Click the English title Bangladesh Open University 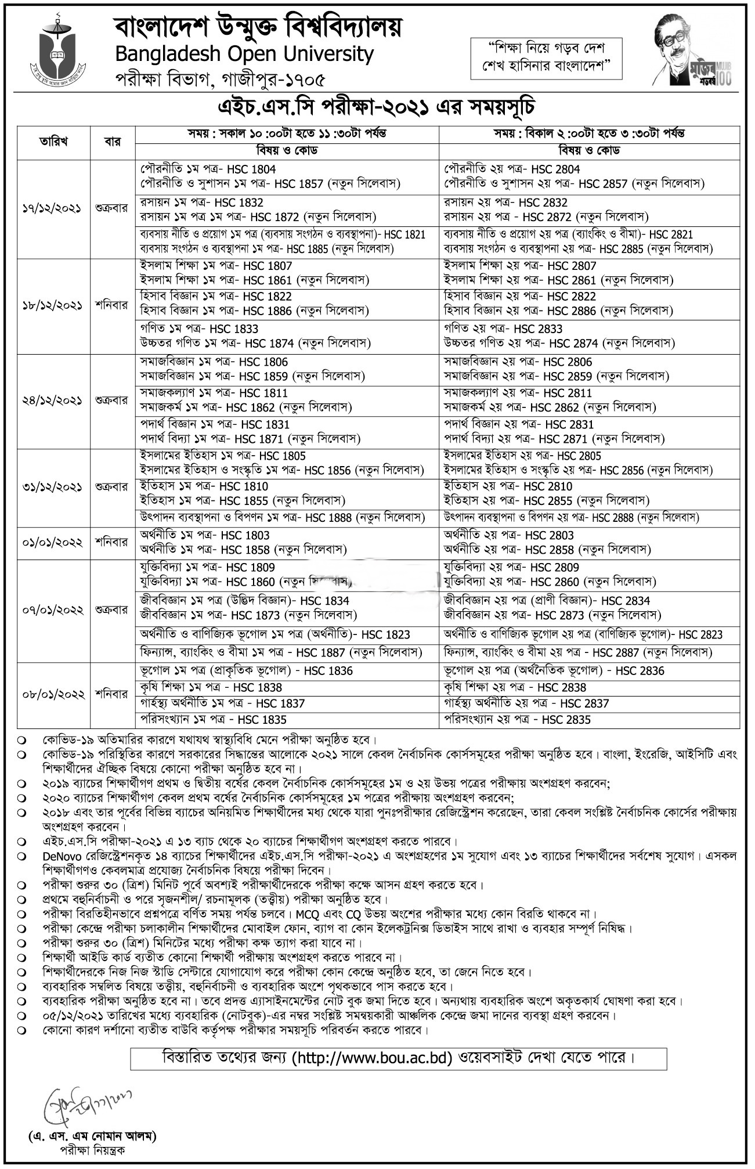pos(244,54)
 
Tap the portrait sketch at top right pos(689,52)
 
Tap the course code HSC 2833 pos(538,329)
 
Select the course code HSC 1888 pos(328,517)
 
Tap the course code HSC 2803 pos(550,535)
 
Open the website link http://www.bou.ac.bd pos(371,1058)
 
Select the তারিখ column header pos(53,141)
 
